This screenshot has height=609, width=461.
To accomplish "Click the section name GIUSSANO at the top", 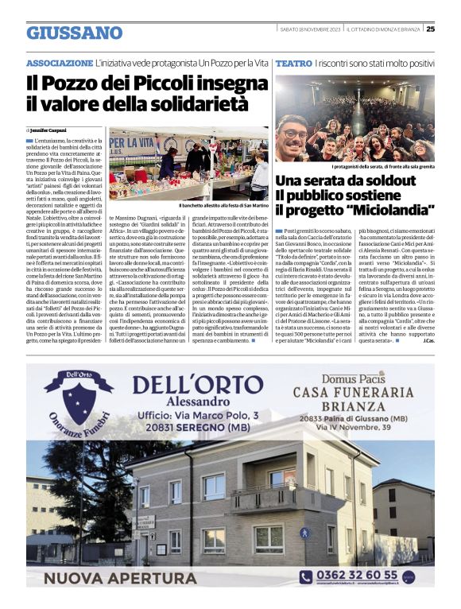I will (x=74, y=33).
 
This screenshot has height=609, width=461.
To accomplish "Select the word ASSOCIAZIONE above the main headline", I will (x=60, y=62).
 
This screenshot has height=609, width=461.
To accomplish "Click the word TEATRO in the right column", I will (x=293, y=62).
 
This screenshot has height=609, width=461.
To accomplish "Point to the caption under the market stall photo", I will (x=223, y=205).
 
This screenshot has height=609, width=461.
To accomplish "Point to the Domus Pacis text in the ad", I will (x=354, y=376).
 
